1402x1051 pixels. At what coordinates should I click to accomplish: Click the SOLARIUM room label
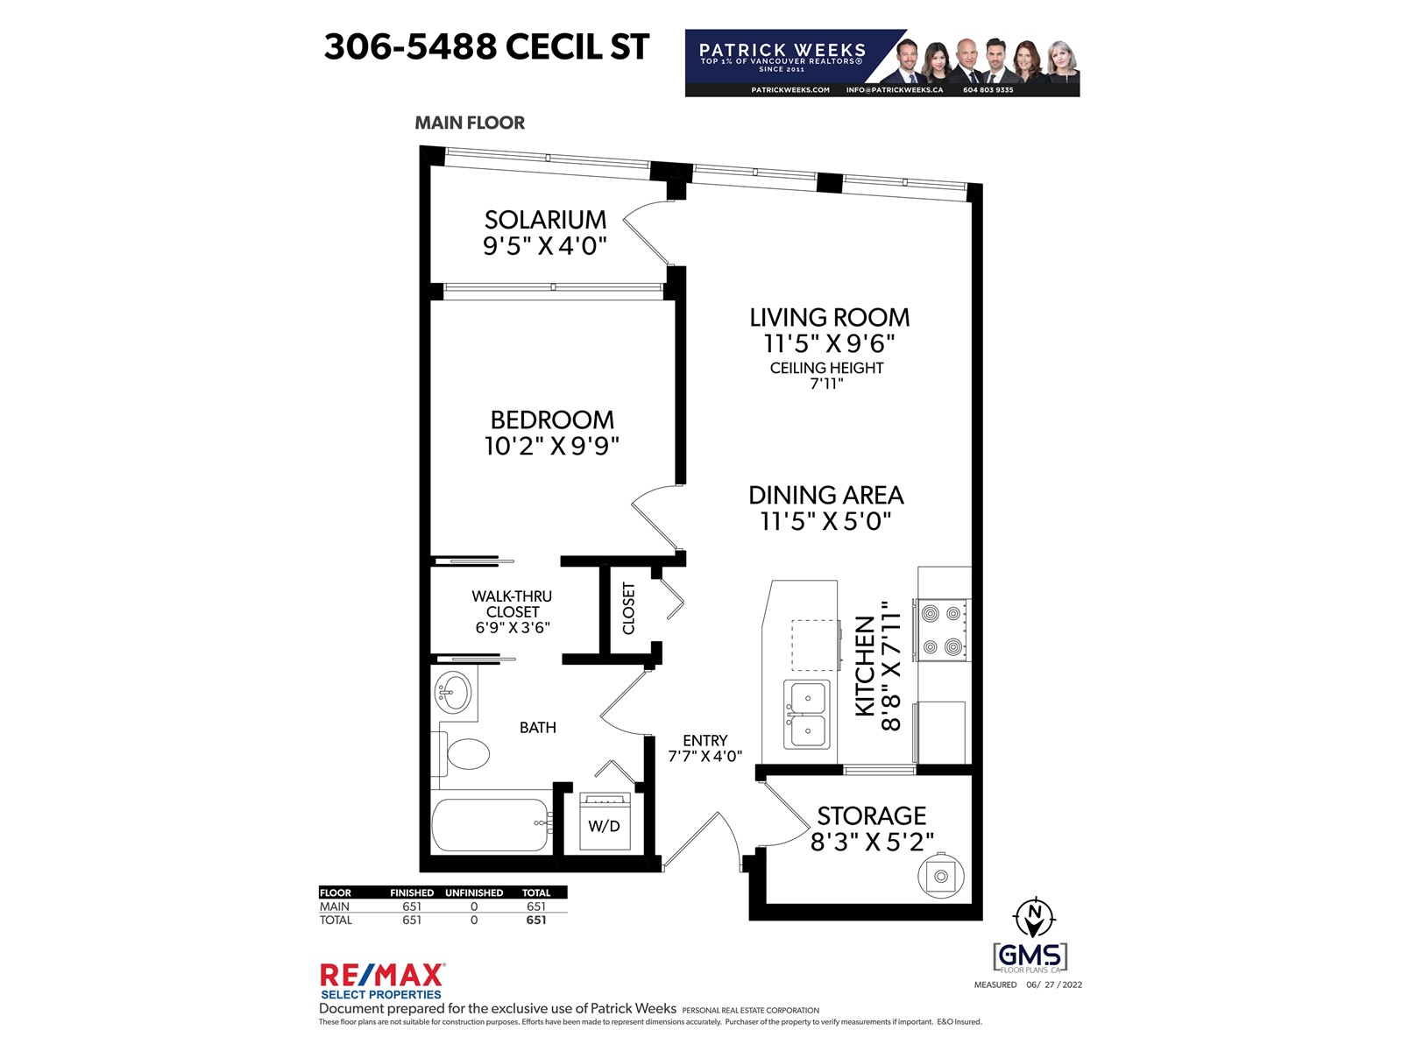(545, 220)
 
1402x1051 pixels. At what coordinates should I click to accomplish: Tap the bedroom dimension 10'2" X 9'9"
(552, 446)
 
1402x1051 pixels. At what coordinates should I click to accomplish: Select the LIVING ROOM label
(829, 317)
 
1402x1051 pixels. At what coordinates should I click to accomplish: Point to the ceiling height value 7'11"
(826, 384)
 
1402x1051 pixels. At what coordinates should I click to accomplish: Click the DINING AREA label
(826, 495)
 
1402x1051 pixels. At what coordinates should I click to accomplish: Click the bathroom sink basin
(453, 693)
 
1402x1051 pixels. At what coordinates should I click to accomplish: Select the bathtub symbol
(492, 824)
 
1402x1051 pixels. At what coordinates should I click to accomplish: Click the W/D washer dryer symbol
(605, 822)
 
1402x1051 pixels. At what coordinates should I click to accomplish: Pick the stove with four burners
(942, 630)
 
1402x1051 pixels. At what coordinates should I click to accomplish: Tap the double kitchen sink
(807, 714)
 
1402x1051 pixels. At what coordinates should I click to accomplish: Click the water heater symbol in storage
(941, 876)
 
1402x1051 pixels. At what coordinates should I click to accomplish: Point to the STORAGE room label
(871, 815)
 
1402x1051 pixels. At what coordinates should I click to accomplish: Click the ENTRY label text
(705, 740)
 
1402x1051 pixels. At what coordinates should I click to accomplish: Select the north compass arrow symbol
(1034, 917)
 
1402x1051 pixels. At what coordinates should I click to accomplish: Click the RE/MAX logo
(382, 981)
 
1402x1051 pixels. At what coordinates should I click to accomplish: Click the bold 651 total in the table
(536, 920)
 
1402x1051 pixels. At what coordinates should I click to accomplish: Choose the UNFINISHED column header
(474, 892)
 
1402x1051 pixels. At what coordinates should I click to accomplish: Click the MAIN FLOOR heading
(470, 123)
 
